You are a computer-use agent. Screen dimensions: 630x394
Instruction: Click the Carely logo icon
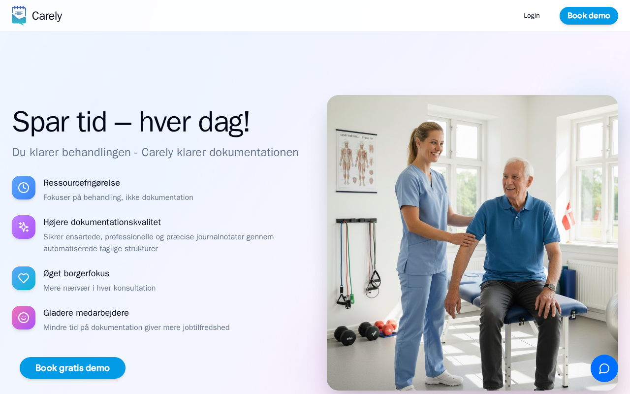click(x=19, y=16)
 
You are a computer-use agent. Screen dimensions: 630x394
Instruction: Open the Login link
click(x=532, y=16)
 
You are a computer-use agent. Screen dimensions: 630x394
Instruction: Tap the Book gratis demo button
click(x=72, y=368)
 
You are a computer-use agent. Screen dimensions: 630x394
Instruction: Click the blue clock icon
click(x=24, y=188)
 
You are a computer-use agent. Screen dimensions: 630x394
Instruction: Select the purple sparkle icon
click(x=24, y=227)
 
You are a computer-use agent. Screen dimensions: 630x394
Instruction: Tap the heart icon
click(x=24, y=278)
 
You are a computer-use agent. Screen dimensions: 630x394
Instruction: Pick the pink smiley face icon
click(x=24, y=318)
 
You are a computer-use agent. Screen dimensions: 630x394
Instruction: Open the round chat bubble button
click(x=604, y=368)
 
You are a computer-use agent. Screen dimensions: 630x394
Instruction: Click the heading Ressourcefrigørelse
click(x=82, y=183)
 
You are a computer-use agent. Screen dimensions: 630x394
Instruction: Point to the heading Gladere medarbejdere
click(x=86, y=313)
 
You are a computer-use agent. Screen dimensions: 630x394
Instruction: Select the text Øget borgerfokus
click(x=76, y=273)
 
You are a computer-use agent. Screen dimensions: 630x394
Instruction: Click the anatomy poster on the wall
click(x=356, y=161)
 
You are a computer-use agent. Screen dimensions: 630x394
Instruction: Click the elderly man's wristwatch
click(x=550, y=287)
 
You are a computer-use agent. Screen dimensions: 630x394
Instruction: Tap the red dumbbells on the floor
click(x=385, y=327)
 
